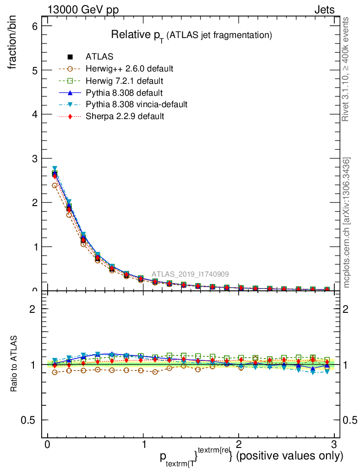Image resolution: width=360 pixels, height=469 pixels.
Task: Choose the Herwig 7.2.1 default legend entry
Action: coord(124,81)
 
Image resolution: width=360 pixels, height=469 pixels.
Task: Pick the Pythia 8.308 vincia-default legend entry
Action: coord(136,104)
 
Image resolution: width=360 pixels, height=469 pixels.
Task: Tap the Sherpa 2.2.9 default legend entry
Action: coord(125,116)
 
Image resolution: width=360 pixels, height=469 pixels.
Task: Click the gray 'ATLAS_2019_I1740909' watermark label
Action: coord(191,274)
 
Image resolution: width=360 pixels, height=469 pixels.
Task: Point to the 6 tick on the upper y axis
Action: coord(34,26)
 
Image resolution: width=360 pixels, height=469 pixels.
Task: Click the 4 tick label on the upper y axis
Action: coord(34,114)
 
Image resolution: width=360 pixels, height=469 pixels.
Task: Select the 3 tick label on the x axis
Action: coord(333,445)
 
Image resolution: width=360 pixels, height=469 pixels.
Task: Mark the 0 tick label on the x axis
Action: coord(47,445)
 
